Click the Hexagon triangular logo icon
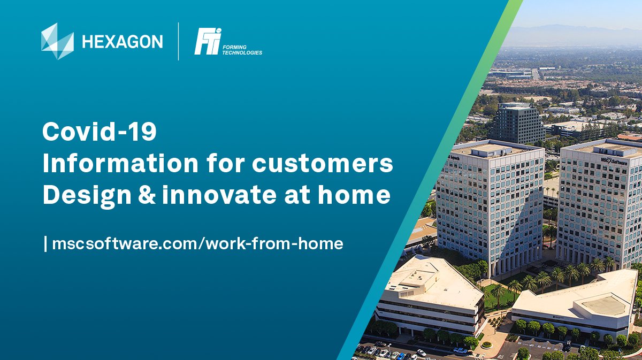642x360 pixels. click(57, 41)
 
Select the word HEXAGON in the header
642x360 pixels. click(123, 41)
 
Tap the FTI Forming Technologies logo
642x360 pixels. click(228, 42)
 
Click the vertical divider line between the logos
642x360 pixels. click(179, 41)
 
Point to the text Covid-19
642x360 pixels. click(100, 132)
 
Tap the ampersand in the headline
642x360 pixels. click(143, 195)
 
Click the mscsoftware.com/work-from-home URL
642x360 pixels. click(197, 244)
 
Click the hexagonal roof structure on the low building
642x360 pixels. click(603, 305)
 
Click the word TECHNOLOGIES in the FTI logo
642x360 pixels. click(242, 53)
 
